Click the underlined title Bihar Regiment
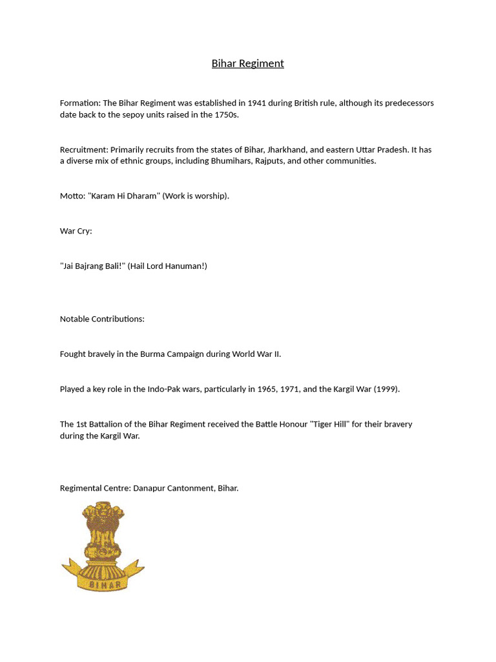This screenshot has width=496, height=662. pos(247,63)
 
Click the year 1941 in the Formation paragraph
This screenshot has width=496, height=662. pos(256,103)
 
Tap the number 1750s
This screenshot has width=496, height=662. pos(226,114)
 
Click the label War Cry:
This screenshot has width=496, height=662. pos(76,231)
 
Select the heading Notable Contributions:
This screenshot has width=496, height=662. pos(102,319)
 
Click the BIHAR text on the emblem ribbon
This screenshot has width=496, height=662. pos(102,584)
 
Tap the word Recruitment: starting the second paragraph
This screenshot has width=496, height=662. pos(84,149)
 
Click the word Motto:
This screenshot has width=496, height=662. pos(72,195)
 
